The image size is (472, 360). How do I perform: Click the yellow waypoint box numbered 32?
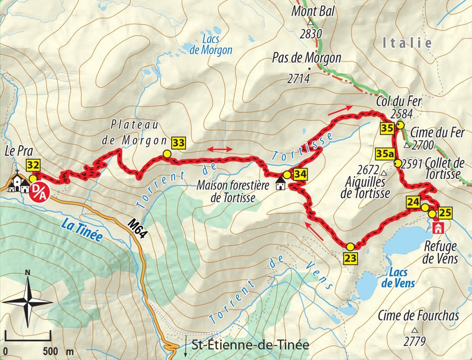pyautogui.click(x=33, y=165)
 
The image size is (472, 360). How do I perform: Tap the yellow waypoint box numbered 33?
pyautogui.click(x=178, y=143)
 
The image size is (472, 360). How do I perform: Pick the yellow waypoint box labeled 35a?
pyautogui.click(x=385, y=154)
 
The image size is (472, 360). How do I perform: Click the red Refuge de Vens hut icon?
pyautogui.click(x=438, y=228)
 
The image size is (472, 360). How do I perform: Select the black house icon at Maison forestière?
pyautogui.click(x=281, y=185)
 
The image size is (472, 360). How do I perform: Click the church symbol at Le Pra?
pyautogui.click(x=17, y=181)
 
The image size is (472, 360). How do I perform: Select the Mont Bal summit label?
pyautogui.click(x=313, y=11)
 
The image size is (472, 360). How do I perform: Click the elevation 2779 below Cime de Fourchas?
pyautogui.click(x=414, y=341)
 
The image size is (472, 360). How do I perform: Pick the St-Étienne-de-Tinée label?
pyautogui.click(x=250, y=345)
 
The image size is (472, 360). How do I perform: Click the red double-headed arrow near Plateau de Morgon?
pyautogui.click(x=220, y=149)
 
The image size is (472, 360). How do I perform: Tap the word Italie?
pyautogui.click(x=407, y=43)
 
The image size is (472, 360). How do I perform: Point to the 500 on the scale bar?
pyautogui.click(x=51, y=351)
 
